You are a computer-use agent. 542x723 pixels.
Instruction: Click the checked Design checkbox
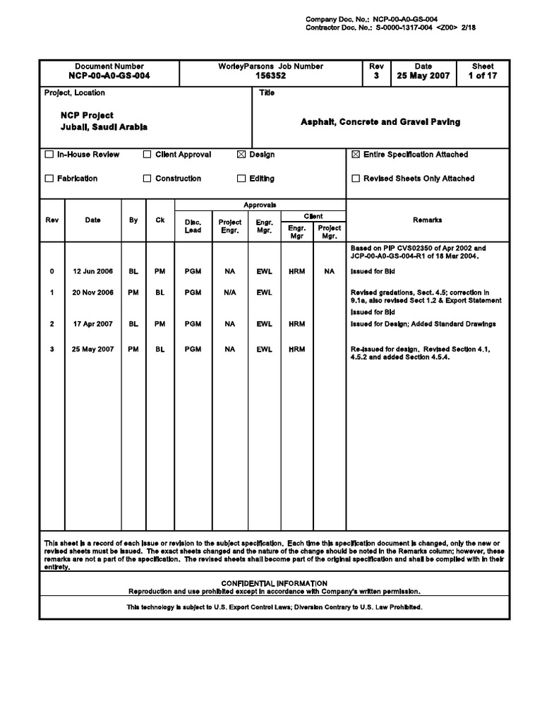click(241, 155)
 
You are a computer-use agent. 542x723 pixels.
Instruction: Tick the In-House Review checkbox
click(49, 155)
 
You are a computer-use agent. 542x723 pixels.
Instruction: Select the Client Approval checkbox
click(147, 155)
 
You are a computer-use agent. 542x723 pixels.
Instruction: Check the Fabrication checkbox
click(49, 179)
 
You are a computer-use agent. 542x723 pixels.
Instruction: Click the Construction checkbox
click(147, 179)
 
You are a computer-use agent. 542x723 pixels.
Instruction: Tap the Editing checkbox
click(241, 179)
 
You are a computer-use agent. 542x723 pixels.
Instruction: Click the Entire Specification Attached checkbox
click(356, 155)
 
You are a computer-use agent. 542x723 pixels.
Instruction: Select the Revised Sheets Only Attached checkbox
click(356, 179)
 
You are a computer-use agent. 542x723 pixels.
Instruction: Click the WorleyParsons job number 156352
click(271, 76)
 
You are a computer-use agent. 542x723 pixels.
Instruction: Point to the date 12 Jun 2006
click(92, 271)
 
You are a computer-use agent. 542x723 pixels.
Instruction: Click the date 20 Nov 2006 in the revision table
click(92, 292)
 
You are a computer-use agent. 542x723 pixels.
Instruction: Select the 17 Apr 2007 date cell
click(92, 324)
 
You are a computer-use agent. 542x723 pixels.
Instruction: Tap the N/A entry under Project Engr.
click(229, 292)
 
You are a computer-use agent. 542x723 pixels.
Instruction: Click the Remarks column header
click(427, 220)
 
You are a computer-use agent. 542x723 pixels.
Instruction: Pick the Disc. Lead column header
click(193, 226)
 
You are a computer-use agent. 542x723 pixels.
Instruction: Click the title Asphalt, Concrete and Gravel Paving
click(380, 122)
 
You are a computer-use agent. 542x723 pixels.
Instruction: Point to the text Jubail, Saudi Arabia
click(104, 127)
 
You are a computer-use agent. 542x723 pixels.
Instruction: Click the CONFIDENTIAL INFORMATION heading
click(274, 583)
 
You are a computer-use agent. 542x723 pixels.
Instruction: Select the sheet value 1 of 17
click(483, 76)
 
